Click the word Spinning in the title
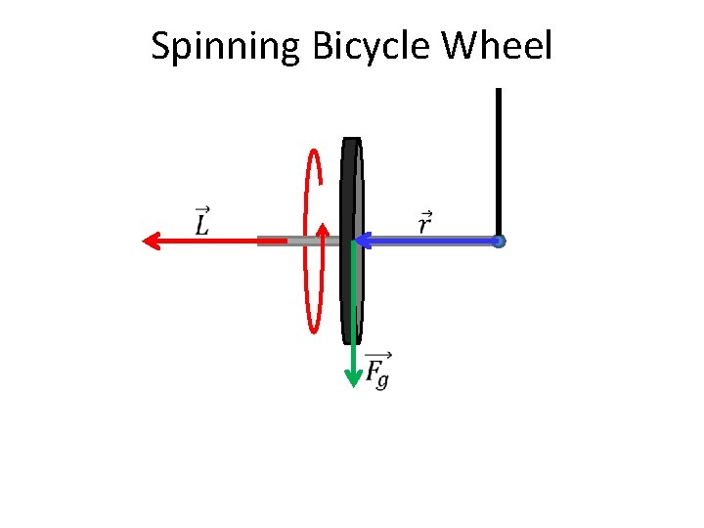coord(225,46)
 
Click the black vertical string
coord(499,156)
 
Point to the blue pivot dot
coord(499,241)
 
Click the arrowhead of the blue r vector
coord(360,240)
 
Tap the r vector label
coord(425,223)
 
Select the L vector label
coord(202,222)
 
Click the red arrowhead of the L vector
coord(150,241)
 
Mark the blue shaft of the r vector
coord(430,241)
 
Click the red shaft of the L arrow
coord(205,241)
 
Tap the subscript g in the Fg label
coord(382,380)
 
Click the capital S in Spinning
coord(161,46)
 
